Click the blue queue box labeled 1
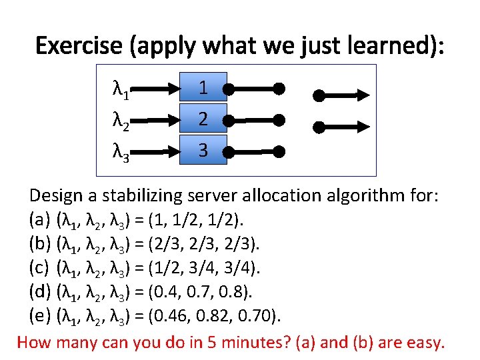203,87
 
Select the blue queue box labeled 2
203,119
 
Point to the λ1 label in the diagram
121,89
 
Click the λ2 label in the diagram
121,121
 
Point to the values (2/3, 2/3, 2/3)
208,243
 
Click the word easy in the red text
423,343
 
